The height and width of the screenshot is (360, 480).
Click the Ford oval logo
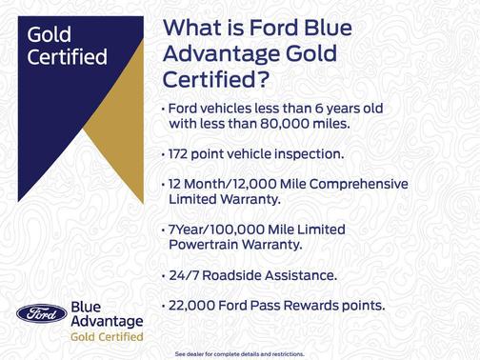pyautogui.click(x=41, y=315)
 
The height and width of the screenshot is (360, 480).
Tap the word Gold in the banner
pyautogui.click(x=50, y=35)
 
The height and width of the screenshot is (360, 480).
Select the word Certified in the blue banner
pyautogui.click(x=67, y=56)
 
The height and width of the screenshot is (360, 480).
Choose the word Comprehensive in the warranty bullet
pyautogui.click(x=355, y=183)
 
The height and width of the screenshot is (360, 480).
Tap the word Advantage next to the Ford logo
pyautogui.click(x=107, y=322)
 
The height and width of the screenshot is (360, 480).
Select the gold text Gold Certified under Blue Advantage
pyautogui.click(x=107, y=337)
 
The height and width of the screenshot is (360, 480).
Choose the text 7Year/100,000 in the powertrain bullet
pyautogui.click(x=221, y=230)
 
